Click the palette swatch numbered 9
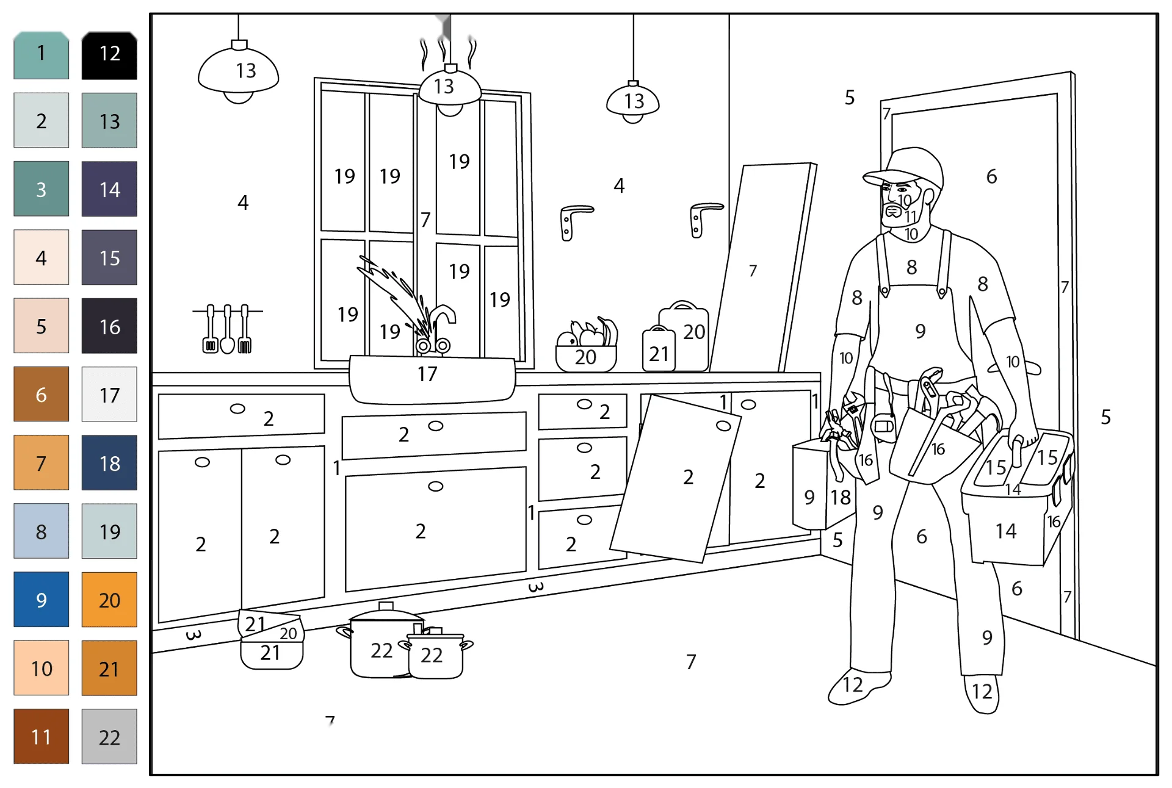coord(41,600)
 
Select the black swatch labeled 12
coord(109,55)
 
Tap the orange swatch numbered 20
coord(109,600)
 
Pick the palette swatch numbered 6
coord(41,394)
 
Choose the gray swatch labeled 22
coord(109,736)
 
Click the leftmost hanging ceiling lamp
coord(239,72)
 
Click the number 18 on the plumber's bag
coord(841,498)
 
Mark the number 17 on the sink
coord(427,374)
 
